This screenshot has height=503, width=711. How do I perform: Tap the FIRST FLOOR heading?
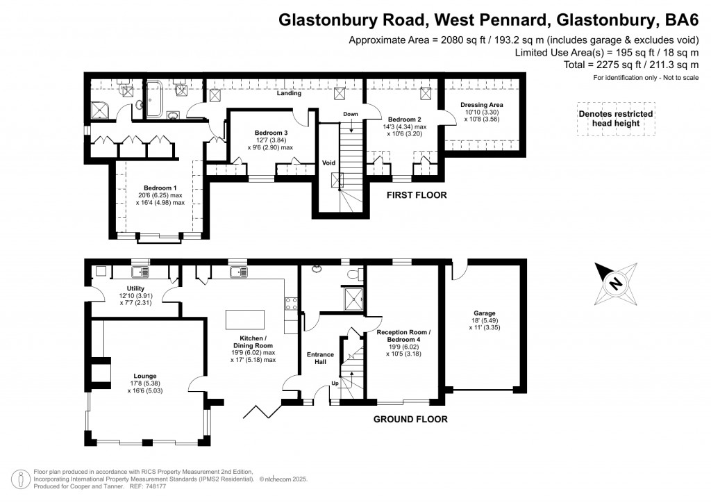tap(417, 195)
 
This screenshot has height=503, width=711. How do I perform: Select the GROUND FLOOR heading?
tap(410, 419)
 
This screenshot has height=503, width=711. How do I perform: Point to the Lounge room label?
tap(145, 376)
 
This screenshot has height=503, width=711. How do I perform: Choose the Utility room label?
tap(135, 288)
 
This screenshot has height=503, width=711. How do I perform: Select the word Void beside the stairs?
tap(328, 163)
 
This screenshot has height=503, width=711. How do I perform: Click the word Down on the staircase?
tap(351, 114)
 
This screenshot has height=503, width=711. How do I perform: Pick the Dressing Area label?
tap(482, 105)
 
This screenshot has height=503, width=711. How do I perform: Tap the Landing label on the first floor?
tap(289, 92)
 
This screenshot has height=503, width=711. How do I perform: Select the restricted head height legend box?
tap(615, 119)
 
